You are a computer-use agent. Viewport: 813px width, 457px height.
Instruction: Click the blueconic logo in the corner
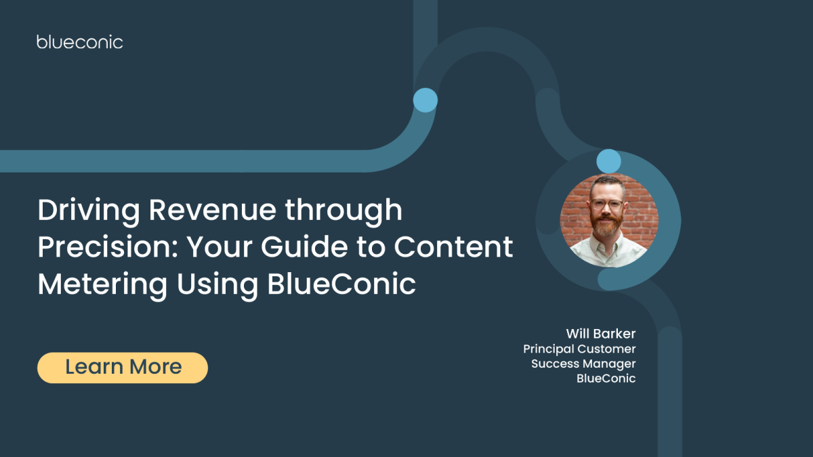(80, 42)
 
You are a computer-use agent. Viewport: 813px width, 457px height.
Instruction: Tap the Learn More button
(123, 368)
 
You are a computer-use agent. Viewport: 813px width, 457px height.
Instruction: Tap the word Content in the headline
(454, 248)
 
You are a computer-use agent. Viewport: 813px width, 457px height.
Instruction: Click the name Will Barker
(601, 334)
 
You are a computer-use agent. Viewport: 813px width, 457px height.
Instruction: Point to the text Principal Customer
(579, 349)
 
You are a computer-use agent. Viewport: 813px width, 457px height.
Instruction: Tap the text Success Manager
(583, 364)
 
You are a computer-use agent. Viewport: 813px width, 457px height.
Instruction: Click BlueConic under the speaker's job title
(606, 378)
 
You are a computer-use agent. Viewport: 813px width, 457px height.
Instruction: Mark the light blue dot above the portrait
(608, 161)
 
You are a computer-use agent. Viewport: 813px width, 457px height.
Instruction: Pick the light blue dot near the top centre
(425, 100)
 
